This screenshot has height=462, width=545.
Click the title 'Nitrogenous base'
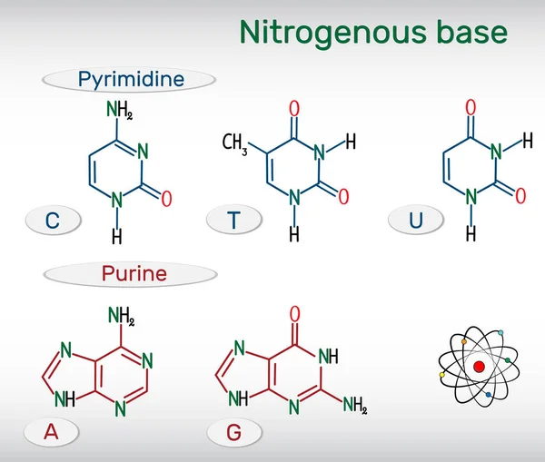(373, 32)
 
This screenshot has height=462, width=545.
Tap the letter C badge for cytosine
(53, 219)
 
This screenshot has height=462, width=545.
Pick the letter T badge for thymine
(234, 219)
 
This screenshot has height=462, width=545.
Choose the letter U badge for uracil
(416, 219)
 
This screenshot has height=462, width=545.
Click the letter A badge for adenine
(52, 433)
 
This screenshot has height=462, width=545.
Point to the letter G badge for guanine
(234, 433)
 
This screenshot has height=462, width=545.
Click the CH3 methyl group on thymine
(236, 143)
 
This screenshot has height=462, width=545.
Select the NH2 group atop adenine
(121, 317)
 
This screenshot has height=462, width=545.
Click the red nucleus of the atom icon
(478, 367)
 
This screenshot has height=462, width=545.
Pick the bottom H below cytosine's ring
(116, 236)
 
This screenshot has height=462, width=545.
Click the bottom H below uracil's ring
(471, 233)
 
